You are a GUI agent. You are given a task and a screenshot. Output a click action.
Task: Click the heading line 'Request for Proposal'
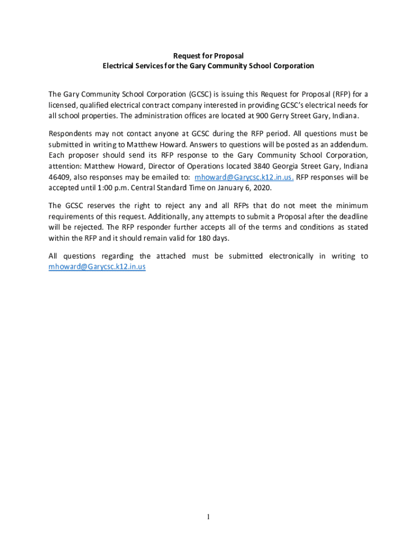pos(208,56)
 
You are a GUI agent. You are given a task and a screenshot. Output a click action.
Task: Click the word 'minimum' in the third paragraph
pos(351,205)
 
